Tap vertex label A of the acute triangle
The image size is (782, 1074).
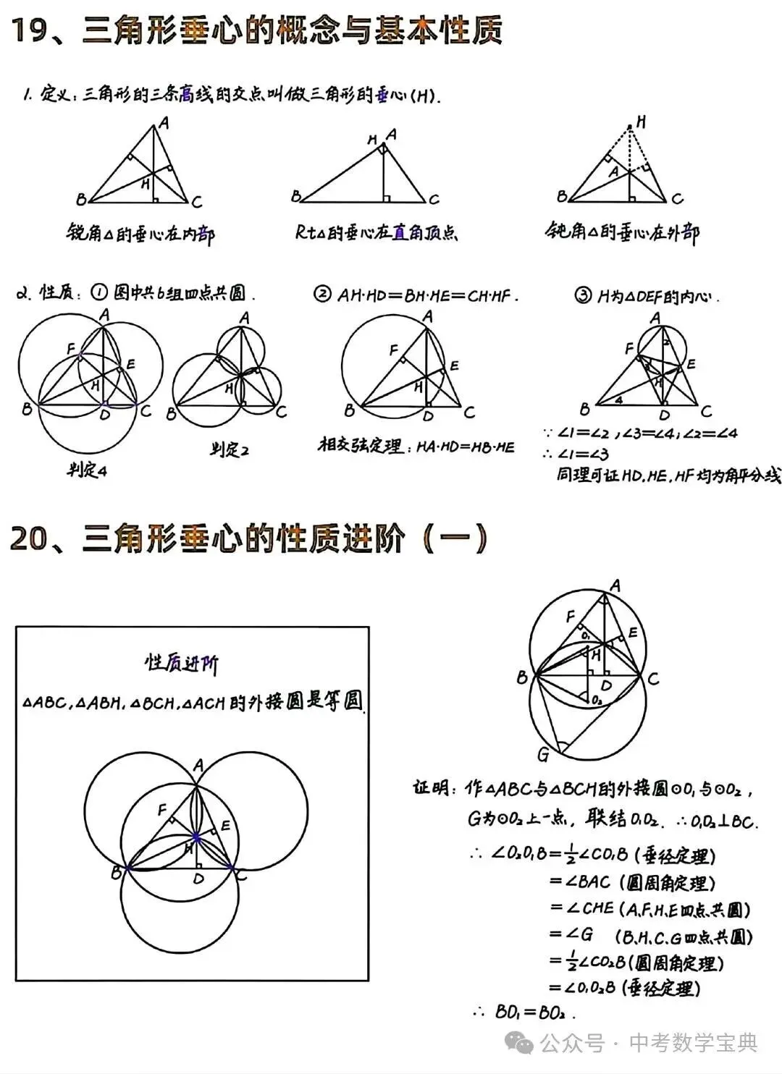click(164, 124)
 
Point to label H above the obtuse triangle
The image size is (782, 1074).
click(640, 122)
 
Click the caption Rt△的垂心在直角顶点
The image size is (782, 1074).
click(377, 232)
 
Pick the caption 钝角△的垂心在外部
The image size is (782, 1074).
click(622, 232)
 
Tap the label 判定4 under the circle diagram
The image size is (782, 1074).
click(87, 470)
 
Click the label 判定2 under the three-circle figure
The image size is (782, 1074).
click(230, 450)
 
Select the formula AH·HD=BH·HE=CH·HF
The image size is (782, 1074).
click(427, 295)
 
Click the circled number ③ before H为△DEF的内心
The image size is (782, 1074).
click(582, 295)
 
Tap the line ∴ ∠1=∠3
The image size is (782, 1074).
click(577, 454)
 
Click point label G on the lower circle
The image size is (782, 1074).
click(543, 756)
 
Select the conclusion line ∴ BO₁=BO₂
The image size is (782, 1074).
click(524, 1012)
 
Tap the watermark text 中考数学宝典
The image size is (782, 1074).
click(693, 1043)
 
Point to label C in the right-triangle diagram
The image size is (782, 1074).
click(434, 200)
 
